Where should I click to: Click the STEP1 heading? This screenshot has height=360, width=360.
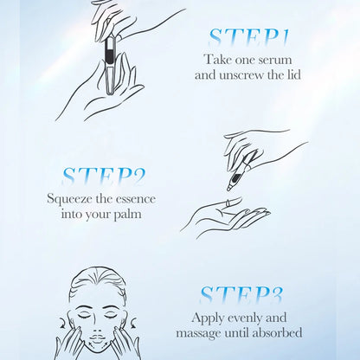(248, 38)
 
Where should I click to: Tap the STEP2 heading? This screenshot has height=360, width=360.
(103, 177)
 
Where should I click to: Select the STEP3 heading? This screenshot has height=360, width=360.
(241, 295)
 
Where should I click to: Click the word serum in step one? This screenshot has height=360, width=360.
(275, 60)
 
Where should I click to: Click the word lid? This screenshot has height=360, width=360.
(293, 75)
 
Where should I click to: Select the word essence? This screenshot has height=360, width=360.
(136, 199)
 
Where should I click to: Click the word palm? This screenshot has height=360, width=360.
(127, 215)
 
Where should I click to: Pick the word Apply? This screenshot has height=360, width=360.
(208, 318)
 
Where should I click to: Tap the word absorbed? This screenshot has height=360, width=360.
(277, 333)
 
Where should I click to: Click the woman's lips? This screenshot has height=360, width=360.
(98, 337)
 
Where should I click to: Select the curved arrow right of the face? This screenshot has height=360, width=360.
(133, 322)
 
